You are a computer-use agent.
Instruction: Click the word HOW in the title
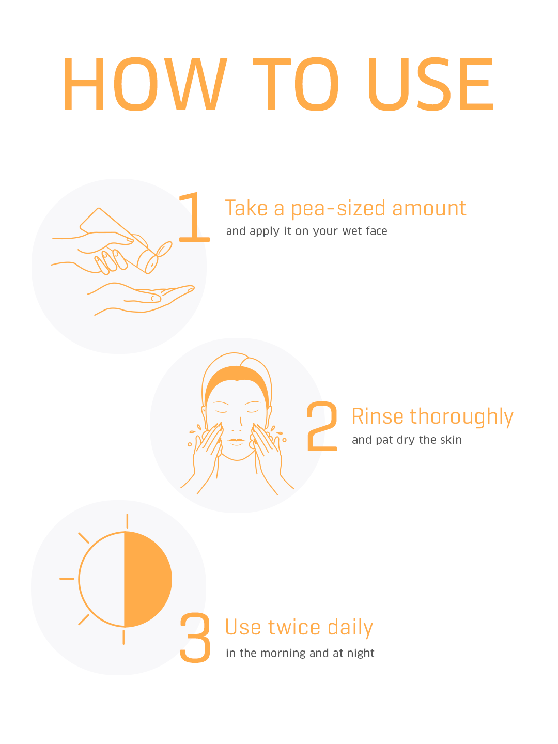pyautogui.click(x=145, y=84)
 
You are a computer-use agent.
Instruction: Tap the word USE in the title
pyautogui.click(x=430, y=84)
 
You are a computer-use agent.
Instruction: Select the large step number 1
pyautogui.click(x=194, y=217)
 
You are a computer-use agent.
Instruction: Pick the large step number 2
pyautogui.click(x=322, y=426)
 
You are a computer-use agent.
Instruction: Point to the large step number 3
pyautogui.click(x=195, y=637)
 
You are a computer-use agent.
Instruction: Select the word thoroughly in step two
pyautogui.click(x=461, y=417)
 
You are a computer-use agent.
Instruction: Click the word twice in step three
pyautogui.click(x=294, y=627)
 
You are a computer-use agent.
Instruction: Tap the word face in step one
pyautogui.click(x=377, y=231)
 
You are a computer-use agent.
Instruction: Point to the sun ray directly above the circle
pyautogui.click(x=127, y=521)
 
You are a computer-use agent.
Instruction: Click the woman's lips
pyautogui.click(x=236, y=441)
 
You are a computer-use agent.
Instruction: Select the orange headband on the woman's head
pyautogui.click(x=237, y=380)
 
